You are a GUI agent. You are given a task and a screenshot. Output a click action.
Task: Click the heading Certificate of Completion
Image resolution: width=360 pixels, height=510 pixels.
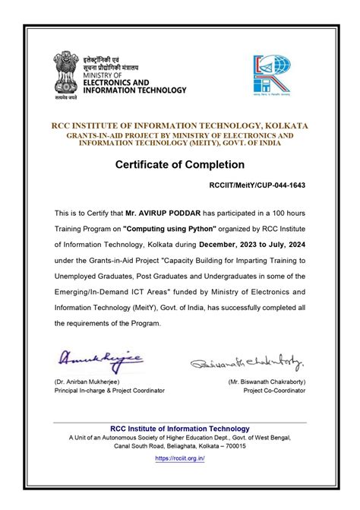(180, 164)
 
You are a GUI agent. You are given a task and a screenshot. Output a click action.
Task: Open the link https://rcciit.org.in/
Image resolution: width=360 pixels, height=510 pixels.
(180, 458)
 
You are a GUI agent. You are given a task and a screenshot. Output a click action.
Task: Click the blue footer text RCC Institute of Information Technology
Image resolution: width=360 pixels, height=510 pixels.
(180, 429)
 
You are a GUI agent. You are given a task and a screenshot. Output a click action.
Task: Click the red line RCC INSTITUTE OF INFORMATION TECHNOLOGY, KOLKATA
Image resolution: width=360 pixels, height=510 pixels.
(180, 125)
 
